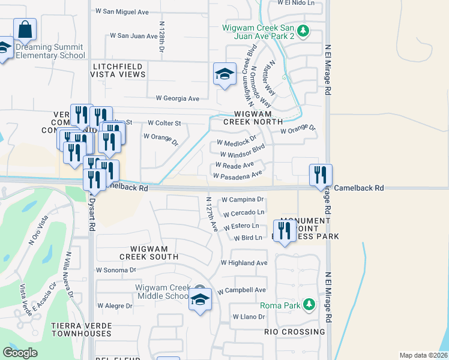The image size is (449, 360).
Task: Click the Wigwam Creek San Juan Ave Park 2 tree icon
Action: [x=304, y=31]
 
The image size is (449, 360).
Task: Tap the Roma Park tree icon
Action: [x=309, y=305]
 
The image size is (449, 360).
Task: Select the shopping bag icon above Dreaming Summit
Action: [x=25, y=29]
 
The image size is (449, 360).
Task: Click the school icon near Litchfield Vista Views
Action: [x=224, y=74]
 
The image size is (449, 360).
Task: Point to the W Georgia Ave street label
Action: [x=177, y=98]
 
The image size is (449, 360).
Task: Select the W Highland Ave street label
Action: [x=244, y=263]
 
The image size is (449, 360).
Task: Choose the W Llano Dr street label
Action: [x=248, y=317]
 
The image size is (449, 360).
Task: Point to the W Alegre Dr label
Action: [x=114, y=305]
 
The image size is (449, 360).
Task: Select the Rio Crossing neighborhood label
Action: [x=295, y=332]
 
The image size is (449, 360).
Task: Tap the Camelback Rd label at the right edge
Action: [x=358, y=188]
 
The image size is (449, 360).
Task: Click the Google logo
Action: [x=20, y=353]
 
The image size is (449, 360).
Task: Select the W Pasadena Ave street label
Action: [x=238, y=175]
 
